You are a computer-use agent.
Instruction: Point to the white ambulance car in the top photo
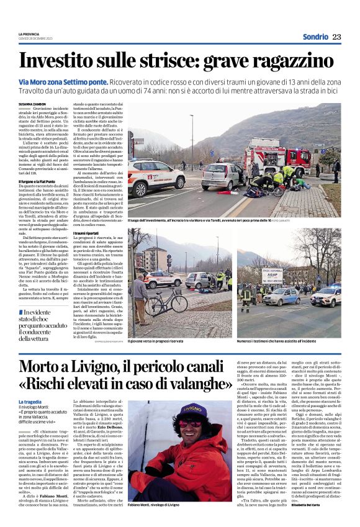tap(155, 176)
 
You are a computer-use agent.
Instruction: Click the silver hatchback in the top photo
tap(222, 176)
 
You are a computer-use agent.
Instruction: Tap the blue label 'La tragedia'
tap(30, 402)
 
